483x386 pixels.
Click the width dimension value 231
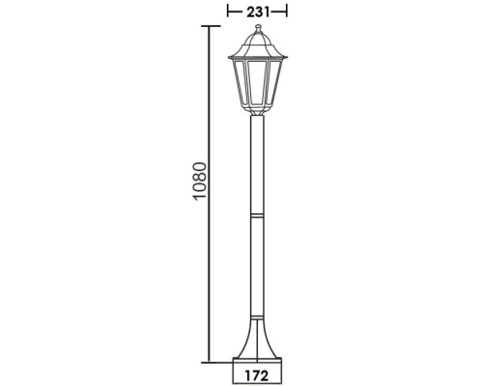point(256,11)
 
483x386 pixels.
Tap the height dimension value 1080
point(199,194)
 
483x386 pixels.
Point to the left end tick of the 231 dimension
point(227,11)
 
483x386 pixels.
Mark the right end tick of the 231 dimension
point(287,11)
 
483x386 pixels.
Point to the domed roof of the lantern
point(257,43)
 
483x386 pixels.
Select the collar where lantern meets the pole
point(257,113)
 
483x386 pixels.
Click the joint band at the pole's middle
point(257,216)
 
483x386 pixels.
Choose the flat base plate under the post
point(257,360)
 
